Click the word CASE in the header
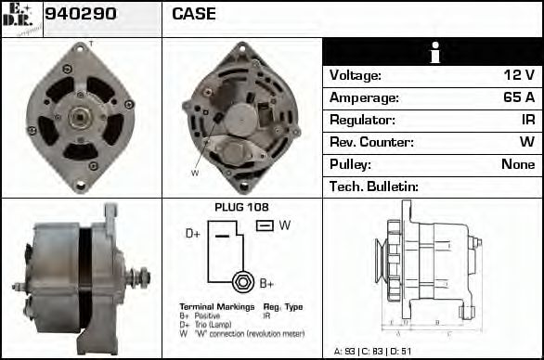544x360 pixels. click(194, 14)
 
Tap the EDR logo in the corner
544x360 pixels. click(20, 18)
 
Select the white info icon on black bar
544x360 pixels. click(434, 53)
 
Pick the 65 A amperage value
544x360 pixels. click(517, 97)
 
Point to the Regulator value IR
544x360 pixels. click(526, 120)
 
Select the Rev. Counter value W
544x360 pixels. click(526, 142)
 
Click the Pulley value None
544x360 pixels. click(517, 164)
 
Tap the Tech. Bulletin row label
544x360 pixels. click(374, 186)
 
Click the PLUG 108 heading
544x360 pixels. click(241, 208)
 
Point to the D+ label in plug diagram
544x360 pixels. click(193, 234)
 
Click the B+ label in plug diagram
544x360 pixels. click(266, 283)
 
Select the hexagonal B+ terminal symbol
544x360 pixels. click(242, 282)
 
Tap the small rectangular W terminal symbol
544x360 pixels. click(264, 225)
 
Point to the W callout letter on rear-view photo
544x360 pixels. click(195, 173)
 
